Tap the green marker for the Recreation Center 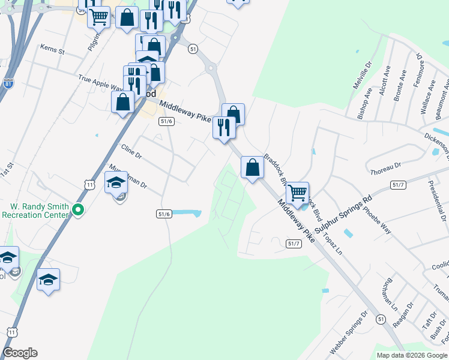point(77,209)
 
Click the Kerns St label point(52,49)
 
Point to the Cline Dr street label point(131,151)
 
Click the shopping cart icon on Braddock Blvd point(297,193)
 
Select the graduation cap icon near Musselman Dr point(116,182)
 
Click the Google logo point(20,353)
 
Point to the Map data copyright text point(412,355)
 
